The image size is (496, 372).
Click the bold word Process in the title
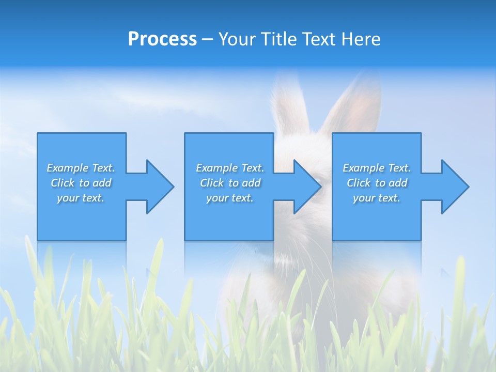[x=162, y=39]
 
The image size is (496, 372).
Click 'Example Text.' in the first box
[x=81, y=168]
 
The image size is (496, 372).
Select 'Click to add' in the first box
[x=81, y=183]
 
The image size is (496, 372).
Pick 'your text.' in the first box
[x=81, y=198]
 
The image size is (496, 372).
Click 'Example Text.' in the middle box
[x=230, y=168]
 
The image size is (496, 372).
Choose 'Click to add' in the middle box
[x=230, y=183]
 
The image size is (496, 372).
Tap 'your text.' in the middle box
[x=230, y=198]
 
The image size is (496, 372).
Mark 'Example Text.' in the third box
[x=377, y=168]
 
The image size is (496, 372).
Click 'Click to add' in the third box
[x=377, y=183]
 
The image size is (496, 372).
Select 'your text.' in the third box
[x=377, y=198]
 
